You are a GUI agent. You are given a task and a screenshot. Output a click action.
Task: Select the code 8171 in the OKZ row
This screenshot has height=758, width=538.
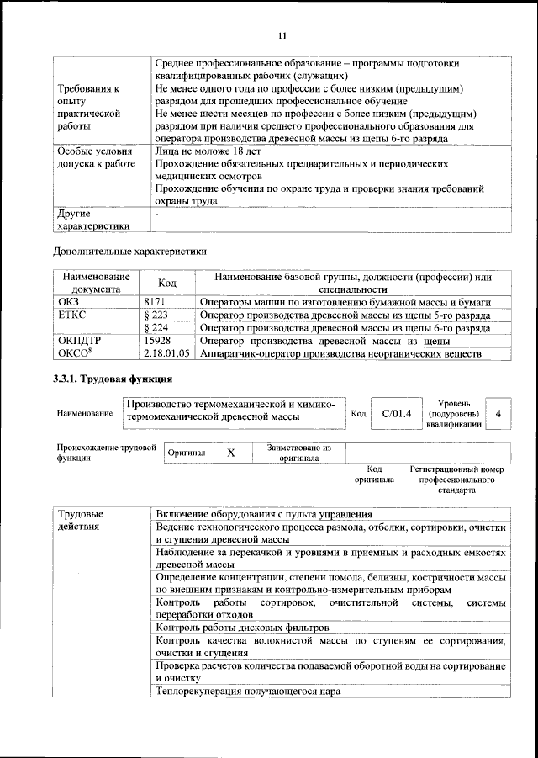pos(156,301)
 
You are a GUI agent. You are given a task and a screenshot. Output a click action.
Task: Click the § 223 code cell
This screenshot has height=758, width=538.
pos(157,315)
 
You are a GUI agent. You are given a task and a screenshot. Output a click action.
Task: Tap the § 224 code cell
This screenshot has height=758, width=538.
pos(157,328)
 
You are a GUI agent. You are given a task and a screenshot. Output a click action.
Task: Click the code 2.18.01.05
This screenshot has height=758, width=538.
pos(166,354)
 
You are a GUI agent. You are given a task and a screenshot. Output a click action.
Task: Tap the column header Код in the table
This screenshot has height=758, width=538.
pos(166,283)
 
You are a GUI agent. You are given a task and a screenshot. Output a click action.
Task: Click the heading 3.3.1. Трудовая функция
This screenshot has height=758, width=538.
pos(112,380)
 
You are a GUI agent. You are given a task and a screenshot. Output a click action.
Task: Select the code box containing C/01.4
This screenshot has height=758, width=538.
pos(396,413)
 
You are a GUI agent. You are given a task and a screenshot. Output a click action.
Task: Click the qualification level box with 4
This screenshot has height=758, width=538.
pos(499,414)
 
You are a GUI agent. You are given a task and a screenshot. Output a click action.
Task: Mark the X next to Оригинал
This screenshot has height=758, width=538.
pos(231,453)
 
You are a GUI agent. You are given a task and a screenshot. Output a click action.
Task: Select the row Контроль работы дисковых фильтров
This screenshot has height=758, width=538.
pos(242,628)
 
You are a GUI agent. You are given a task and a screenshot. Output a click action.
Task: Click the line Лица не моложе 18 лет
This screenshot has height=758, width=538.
pos(208,152)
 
